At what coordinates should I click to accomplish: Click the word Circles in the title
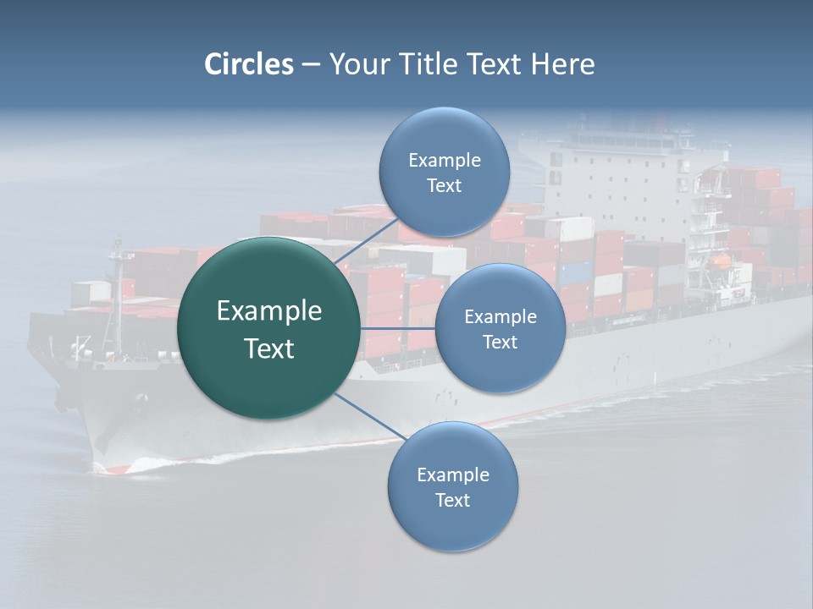click(x=248, y=64)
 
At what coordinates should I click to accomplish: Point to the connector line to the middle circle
click(x=398, y=327)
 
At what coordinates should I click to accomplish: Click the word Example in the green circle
click(x=269, y=311)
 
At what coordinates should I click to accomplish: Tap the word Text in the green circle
click(x=269, y=348)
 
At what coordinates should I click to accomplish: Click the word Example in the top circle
click(x=444, y=161)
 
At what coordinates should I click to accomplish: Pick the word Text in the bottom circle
click(x=452, y=500)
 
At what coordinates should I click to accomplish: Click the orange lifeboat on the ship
click(x=721, y=261)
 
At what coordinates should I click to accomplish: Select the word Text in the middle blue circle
click(x=500, y=342)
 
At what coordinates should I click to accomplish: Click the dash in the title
click(x=311, y=65)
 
